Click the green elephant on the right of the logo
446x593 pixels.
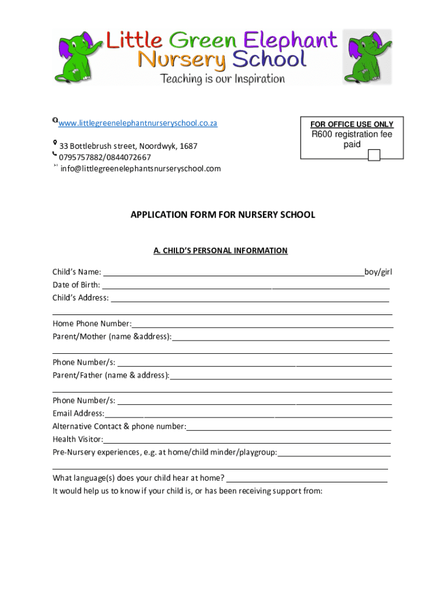click(x=367, y=57)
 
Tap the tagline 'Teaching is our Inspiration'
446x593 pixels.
click(x=222, y=78)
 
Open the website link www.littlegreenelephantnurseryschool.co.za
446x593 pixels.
click(x=138, y=123)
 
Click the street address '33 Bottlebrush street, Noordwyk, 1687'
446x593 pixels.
click(x=128, y=147)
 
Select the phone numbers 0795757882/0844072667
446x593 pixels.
click(x=105, y=158)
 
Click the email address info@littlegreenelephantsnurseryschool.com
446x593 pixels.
click(x=141, y=169)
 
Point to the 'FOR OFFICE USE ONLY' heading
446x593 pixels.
click(x=352, y=125)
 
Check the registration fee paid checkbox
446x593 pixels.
click(x=374, y=155)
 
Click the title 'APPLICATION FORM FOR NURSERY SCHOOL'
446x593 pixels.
click(x=222, y=215)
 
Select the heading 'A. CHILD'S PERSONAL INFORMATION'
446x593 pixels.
click(x=220, y=251)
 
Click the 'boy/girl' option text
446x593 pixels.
click(x=378, y=272)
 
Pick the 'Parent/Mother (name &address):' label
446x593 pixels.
click(x=112, y=336)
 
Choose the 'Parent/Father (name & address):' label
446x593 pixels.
click(x=111, y=375)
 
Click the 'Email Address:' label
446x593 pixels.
click(x=79, y=413)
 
